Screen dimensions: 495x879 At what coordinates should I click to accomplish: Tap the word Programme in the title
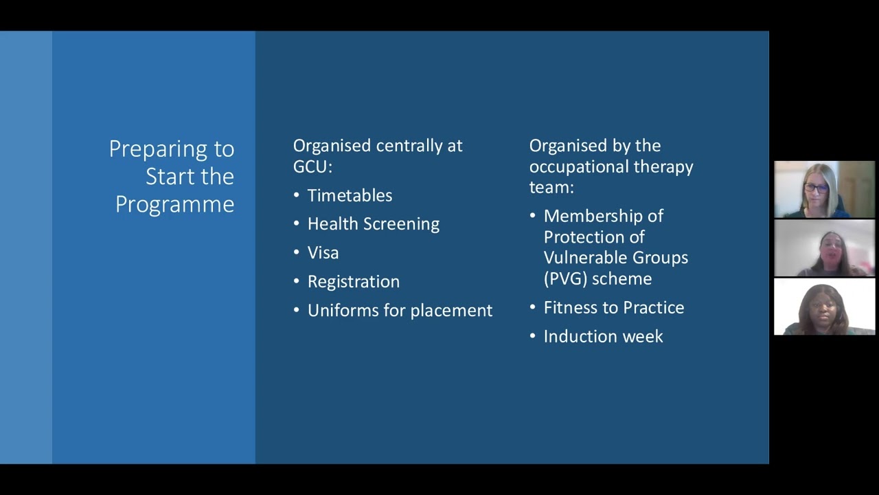click(174, 204)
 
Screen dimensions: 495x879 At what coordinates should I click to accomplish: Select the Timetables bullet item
click(350, 195)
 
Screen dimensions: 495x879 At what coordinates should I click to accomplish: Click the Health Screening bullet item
click(373, 224)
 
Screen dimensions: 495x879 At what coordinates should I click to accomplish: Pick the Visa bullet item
click(323, 253)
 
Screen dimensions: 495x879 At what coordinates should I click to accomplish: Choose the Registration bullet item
click(353, 282)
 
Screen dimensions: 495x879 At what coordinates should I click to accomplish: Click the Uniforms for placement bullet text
click(400, 311)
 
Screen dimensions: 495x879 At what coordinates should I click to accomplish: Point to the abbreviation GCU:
click(312, 166)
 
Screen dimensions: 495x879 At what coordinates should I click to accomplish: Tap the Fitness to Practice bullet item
click(613, 308)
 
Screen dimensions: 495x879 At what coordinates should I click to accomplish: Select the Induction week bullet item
click(603, 337)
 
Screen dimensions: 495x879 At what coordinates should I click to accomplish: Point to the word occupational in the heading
click(574, 166)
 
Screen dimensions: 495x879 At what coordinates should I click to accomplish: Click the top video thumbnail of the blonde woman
click(824, 189)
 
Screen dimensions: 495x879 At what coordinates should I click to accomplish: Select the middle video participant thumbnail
click(824, 248)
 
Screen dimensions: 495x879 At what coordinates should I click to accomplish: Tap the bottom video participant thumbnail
click(824, 307)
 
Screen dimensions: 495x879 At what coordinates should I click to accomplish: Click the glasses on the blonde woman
click(816, 188)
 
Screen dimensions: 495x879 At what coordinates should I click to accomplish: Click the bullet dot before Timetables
click(297, 195)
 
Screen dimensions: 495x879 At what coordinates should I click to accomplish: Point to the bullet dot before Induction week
click(533, 337)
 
